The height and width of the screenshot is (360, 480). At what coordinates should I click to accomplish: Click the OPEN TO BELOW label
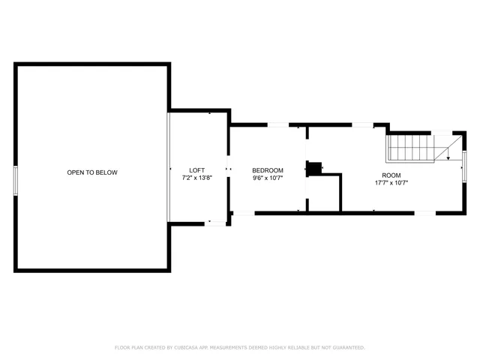click(92, 172)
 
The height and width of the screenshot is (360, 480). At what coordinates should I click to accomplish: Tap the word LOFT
click(196, 170)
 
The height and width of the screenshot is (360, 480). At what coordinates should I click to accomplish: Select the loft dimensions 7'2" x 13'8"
click(196, 178)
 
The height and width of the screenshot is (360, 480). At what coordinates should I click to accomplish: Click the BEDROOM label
click(267, 170)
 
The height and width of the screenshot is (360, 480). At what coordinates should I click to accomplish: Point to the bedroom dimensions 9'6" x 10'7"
click(267, 178)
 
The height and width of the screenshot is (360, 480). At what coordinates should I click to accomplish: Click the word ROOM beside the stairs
click(391, 174)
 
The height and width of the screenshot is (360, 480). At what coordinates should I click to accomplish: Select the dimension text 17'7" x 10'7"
click(391, 182)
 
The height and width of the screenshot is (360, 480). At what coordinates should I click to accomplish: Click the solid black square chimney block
click(316, 169)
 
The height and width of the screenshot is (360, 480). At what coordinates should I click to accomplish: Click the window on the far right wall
click(464, 166)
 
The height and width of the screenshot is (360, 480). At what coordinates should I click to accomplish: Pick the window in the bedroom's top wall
click(278, 124)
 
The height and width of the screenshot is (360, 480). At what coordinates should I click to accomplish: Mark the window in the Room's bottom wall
click(425, 213)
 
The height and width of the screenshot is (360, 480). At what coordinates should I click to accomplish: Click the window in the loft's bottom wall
click(217, 222)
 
